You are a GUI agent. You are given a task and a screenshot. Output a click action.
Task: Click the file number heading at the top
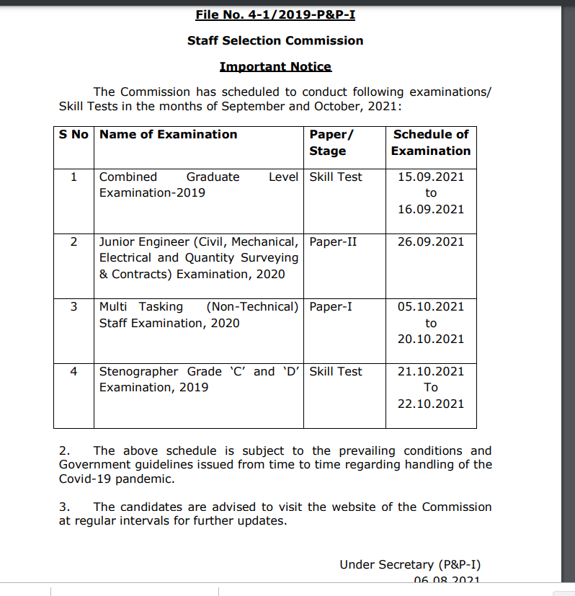coord(275,14)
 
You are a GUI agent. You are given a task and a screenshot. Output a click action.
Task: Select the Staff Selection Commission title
coord(275,40)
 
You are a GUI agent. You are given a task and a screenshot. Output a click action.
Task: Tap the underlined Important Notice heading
coord(275,66)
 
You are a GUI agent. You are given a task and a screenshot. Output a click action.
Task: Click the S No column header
coord(73,134)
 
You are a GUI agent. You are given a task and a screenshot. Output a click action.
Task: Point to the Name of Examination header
coord(168,134)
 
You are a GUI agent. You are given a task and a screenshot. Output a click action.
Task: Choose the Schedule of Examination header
coord(431,143)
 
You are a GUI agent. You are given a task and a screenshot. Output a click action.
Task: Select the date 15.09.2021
coord(431,177)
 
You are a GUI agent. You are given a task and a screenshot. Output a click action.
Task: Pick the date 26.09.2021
coord(431,241)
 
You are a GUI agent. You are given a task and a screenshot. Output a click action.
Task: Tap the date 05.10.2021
coord(431,306)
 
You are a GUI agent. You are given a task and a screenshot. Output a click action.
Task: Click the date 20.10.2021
coord(431,339)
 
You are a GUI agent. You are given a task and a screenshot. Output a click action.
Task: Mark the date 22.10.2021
coord(431,404)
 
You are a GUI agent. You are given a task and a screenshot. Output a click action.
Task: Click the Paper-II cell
coord(333,241)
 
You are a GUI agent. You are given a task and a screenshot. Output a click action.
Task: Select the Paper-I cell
coord(331,306)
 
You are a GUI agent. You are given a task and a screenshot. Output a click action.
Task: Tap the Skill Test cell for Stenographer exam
coord(336,371)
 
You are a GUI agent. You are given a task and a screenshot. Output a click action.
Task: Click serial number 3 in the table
coord(73,306)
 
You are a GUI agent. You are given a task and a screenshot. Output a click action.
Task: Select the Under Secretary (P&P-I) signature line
coord(410,564)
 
